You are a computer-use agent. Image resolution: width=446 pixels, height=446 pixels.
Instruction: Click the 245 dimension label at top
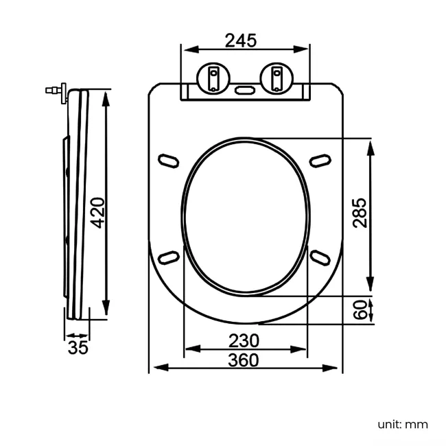click(241, 41)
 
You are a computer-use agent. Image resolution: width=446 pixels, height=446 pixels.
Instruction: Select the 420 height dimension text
click(98, 213)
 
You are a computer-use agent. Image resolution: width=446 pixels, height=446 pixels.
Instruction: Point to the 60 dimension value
click(359, 310)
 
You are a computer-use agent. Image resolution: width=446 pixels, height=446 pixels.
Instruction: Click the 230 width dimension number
click(244, 340)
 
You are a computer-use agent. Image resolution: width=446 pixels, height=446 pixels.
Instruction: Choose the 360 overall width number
click(244, 360)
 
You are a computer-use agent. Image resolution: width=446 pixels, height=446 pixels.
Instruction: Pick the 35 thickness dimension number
click(78, 347)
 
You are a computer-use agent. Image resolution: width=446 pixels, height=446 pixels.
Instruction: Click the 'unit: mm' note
click(402, 424)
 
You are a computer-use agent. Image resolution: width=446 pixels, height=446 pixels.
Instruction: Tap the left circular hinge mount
click(213, 77)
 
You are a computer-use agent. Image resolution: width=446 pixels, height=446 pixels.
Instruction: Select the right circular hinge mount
click(277, 77)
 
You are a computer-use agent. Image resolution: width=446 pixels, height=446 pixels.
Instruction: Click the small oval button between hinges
click(245, 89)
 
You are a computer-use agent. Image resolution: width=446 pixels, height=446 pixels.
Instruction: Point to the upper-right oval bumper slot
click(320, 159)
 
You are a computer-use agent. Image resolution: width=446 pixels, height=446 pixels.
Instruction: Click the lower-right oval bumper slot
click(320, 256)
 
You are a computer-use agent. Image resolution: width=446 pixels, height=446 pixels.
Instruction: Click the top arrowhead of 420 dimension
click(105, 96)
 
